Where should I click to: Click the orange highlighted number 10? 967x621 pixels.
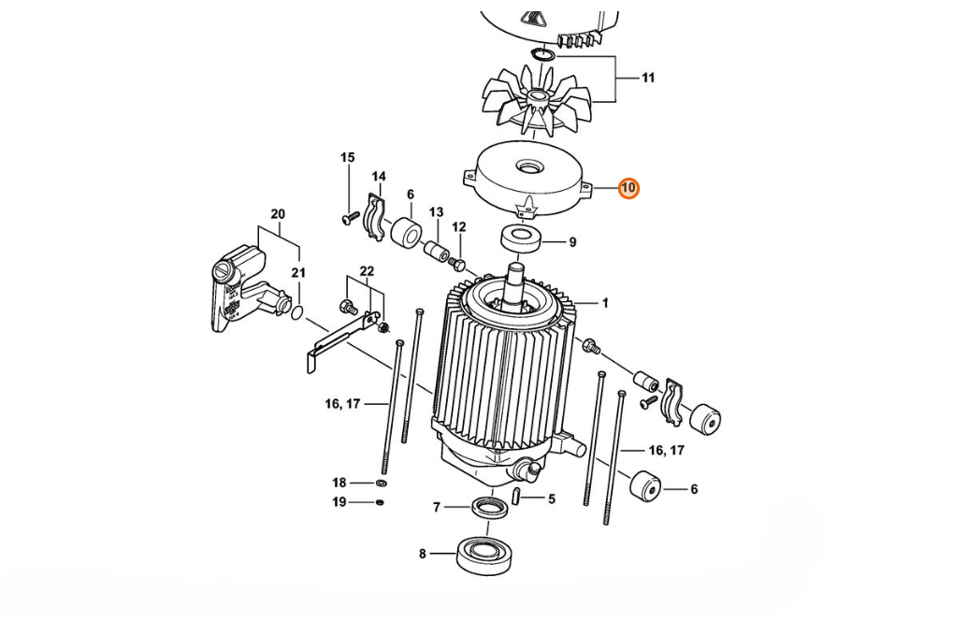(x=628, y=188)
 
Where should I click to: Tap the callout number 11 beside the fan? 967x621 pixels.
(x=647, y=79)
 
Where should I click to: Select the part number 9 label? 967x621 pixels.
(x=572, y=242)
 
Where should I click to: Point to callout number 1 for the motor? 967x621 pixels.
(x=605, y=303)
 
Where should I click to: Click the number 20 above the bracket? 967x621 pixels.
(x=278, y=214)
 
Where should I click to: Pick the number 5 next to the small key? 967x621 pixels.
(x=552, y=498)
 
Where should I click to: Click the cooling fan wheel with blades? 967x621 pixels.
(x=536, y=99)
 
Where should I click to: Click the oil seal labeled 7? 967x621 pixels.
(x=492, y=508)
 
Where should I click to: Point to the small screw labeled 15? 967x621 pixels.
(x=351, y=218)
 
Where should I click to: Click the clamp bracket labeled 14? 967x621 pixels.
(x=374, y=211)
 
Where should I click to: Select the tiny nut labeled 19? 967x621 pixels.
(x=380, y=502)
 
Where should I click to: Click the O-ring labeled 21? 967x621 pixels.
(x=296, y=311)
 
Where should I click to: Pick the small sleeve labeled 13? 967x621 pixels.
(x=435, y=252)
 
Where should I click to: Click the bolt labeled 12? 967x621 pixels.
(x=457, y=264)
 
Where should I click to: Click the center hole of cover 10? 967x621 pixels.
(x=529, y=166)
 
